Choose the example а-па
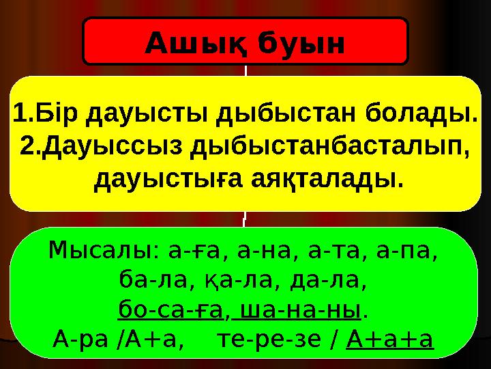(411, 253)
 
